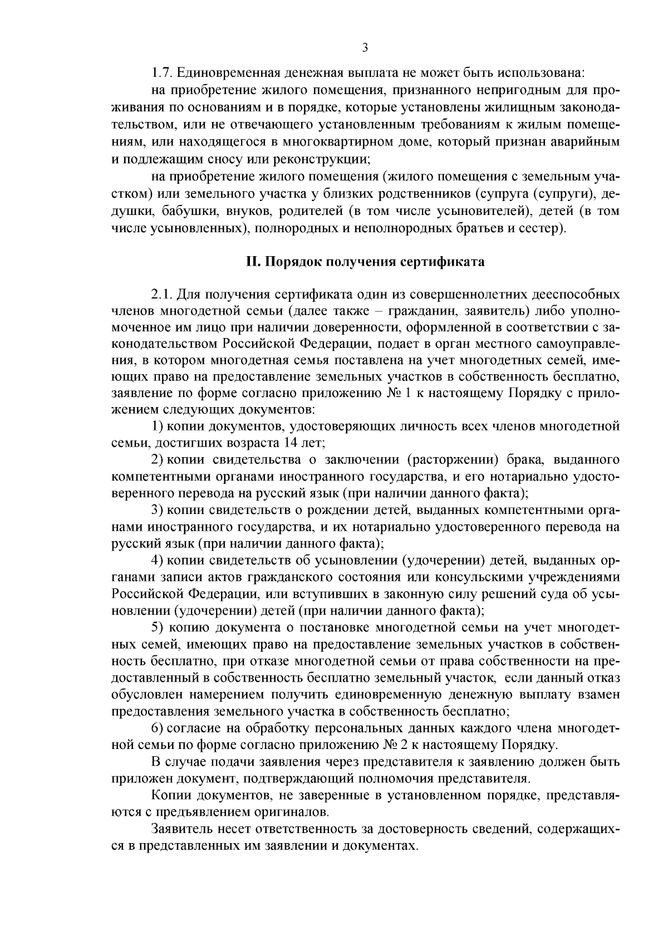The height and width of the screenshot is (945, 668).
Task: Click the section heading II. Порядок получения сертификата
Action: coord(365,262)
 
